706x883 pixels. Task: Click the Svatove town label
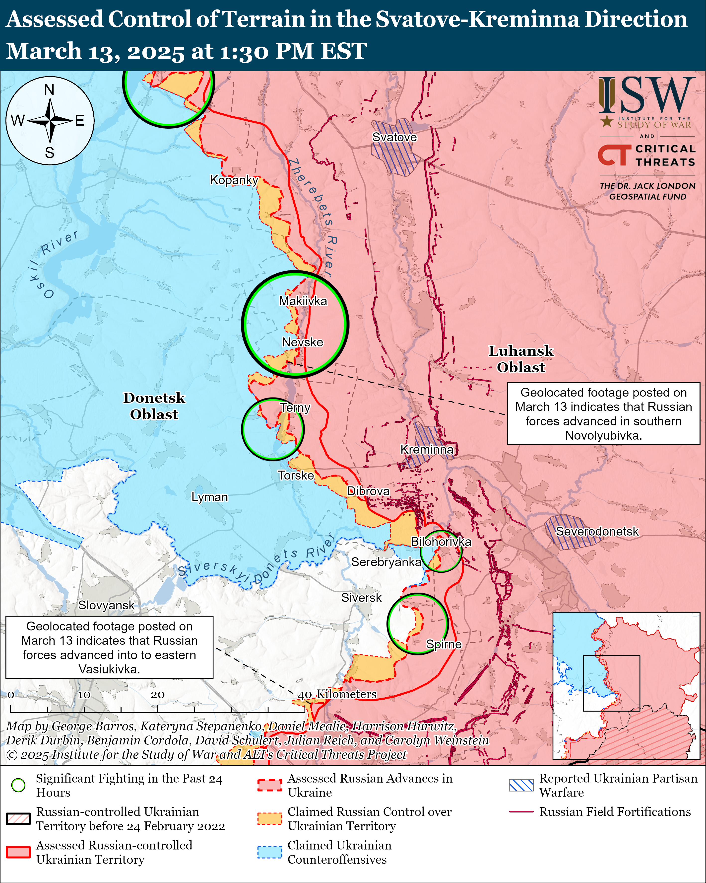[x=394, y=137]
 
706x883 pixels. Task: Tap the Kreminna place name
[x=427, y=449]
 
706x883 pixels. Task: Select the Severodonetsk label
[x=597, y=531]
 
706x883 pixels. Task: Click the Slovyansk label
[x=106, y=605]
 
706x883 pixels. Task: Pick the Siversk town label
[x=361, y=598]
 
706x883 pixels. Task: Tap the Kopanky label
[x=234, y=180]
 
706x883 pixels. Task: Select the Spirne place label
[x=444, y=644]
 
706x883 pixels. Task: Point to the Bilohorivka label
[x=441, y=541]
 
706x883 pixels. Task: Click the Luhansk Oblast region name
[x=521, y=359]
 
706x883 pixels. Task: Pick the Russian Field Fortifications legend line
[x=521, y=811]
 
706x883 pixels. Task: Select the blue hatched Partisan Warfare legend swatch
[x=521, y=785]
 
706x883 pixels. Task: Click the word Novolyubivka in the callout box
[x=603, y=435]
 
